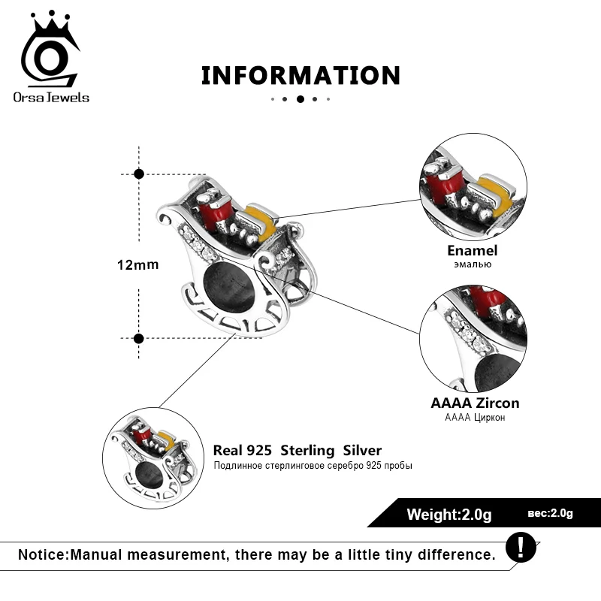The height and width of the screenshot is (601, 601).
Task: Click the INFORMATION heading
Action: coord(300,76)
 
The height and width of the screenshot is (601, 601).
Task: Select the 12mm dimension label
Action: coord(137,265)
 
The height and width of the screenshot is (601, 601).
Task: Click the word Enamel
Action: coord(473,251)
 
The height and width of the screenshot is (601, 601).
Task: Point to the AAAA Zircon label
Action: coord(475,403)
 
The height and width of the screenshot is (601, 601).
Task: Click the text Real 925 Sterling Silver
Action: coord(297,451)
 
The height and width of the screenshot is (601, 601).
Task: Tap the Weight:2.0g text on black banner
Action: coord(448,515)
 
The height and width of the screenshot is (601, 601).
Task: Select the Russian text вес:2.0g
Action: coord(550,514)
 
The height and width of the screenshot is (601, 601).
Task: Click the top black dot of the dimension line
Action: coord(138,174)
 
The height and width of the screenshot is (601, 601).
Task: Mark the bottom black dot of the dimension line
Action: coord(138,338)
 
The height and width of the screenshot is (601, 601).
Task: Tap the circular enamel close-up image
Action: coord(473,183)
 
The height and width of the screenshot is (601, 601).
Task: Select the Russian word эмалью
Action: coord(473,264)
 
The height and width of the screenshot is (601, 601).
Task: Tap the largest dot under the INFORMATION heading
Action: coord(300,98)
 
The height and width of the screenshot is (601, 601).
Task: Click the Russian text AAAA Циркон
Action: coord(475,418)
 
